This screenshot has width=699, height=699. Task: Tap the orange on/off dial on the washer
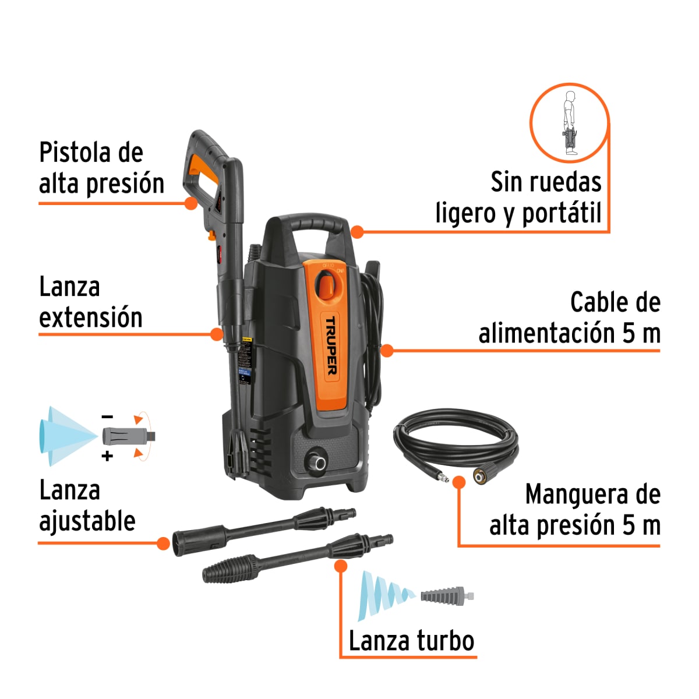pos(327,285)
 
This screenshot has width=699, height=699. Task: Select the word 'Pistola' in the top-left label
pos(75,153)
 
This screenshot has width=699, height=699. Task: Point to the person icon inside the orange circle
pos(570,123)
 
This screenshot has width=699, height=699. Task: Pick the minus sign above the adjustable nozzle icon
pos(107,416)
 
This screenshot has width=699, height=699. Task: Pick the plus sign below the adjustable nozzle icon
pos(107,456)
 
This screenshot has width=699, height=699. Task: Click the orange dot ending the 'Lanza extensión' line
pos(217,334)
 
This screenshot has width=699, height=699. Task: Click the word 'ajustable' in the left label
pos(87,521)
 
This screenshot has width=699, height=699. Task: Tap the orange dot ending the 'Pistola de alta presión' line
pos(190,203)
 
